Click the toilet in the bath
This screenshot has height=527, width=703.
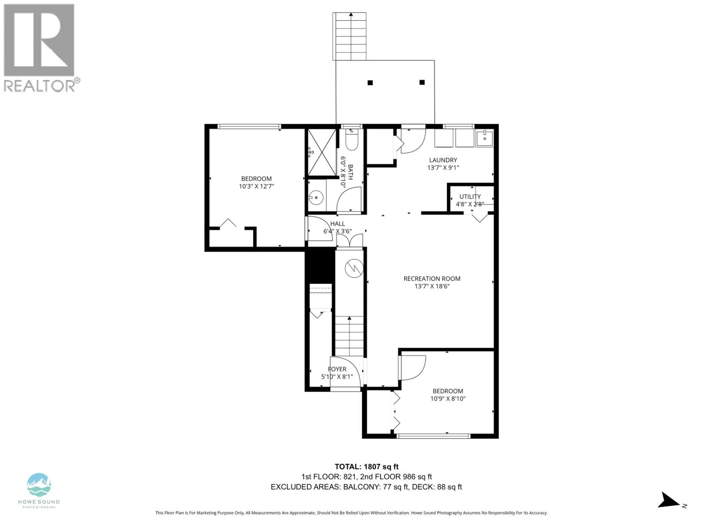pyautogui.click(x=351, y=141)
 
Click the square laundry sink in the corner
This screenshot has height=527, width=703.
pyautogui.click(x=484, y=139)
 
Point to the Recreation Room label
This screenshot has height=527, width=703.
pyautogui.click(x=432, y=279)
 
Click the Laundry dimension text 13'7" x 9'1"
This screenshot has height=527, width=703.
pyautogui.click(x=443, y=167)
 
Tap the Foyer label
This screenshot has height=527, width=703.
pyautogui.click(x=337, y=369)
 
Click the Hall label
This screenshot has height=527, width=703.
pyautogui.click(x=337, y=224)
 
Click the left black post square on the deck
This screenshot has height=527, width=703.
pyautogui.click(x=370, y=83)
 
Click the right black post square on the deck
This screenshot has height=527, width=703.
pyautogui.click(x=422, y=82)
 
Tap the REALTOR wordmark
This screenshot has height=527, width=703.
pyautogui.click(x=40, y=86)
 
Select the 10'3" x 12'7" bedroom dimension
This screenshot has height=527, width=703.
pyautogui.click(x=256, y=186)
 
